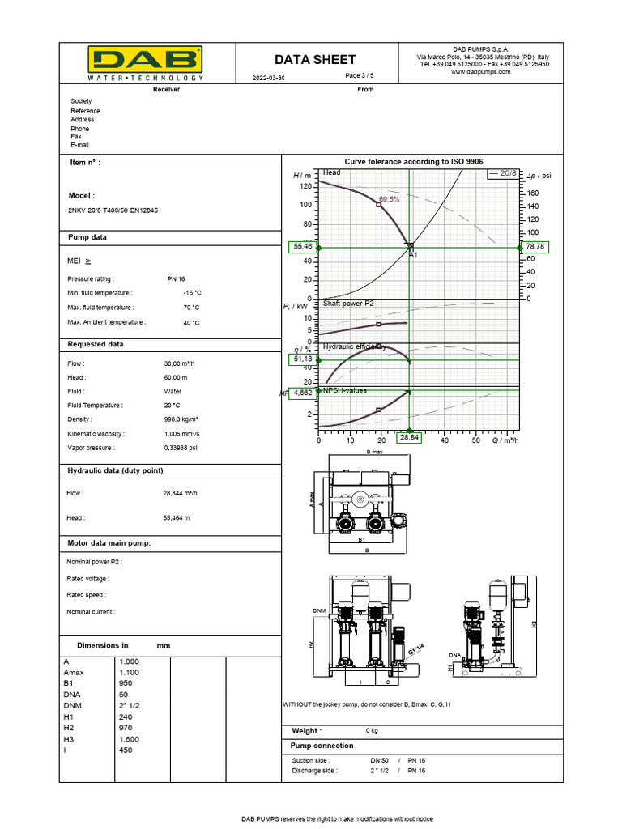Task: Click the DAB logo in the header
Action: [146, 61]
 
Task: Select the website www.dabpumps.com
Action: [481, 72]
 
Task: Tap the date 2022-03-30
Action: [269, 78]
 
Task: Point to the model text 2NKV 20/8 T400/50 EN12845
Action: [113, 210]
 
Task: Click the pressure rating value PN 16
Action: [177, 278]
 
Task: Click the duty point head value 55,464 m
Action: [177, 517]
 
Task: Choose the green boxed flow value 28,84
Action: [410, 438]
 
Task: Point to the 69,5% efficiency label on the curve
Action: [389, 198]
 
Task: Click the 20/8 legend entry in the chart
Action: [502, 173]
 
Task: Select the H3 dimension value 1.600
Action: [130, 739]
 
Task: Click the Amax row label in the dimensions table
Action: [85, 672]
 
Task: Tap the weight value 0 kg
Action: [373, 730]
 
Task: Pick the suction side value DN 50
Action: [380, 761]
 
